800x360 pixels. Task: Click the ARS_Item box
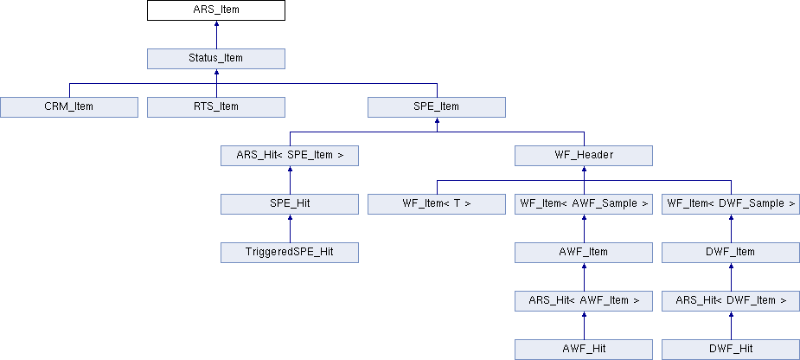click(216, 10)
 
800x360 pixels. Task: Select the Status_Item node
click(216, 59)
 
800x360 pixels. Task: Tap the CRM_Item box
click(69, 107)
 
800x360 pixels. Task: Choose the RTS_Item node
click(216, 107)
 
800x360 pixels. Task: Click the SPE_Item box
click(437, 107)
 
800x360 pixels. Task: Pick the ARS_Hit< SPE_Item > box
click(290, 156)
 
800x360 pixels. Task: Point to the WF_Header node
click(584, 156)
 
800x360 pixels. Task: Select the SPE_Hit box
click(290, 204)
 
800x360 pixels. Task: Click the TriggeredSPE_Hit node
click(290, 253)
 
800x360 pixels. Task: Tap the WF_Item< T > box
click(437, 204)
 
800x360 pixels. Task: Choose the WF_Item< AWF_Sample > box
click(584, 204)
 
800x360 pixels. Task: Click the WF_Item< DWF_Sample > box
click(731, 204)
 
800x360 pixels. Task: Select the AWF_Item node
click(584, 253)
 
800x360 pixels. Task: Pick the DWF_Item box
click(731, 253)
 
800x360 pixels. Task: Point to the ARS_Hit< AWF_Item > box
click(584, 301)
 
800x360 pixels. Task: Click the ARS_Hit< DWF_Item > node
click(731, 301)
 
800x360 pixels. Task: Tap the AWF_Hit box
click(584, 350)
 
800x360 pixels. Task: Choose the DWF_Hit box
click(731, 350)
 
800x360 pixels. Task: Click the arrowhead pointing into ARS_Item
click(216, 23)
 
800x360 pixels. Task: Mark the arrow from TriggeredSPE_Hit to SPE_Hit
click(290, 228)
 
